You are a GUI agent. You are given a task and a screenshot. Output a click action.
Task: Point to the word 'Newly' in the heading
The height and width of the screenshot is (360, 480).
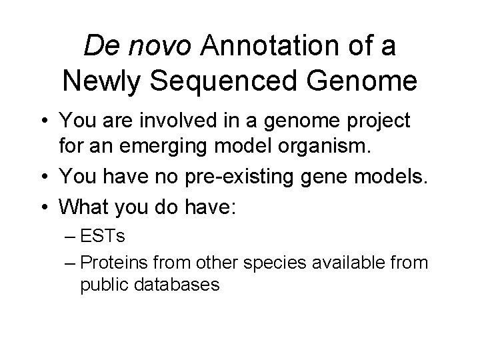(x=106, y=81)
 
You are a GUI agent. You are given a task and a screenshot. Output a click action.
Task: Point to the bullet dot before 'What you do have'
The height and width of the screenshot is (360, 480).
(x=43, y=205)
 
